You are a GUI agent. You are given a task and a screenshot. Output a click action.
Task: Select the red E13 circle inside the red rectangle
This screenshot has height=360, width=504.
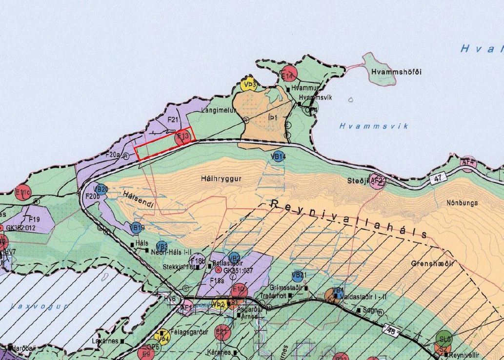tap(183, 138)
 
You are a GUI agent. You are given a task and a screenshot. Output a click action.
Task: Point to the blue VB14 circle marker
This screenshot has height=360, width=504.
tap(278, 157)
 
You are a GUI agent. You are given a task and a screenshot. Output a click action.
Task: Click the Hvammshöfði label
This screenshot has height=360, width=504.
tap(396, 72)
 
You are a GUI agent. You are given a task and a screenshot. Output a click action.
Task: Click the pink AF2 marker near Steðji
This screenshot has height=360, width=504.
tap(376, 181)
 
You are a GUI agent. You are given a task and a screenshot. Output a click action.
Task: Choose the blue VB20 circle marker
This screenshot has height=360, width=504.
tap(101, 189)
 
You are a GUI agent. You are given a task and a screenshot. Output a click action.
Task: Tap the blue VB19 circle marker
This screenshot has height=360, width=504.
tap(137, 227)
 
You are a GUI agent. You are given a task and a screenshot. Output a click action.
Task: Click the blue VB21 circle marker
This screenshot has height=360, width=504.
tap(299, 276)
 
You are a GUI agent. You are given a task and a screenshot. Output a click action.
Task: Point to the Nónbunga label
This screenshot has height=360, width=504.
tap(462, 202)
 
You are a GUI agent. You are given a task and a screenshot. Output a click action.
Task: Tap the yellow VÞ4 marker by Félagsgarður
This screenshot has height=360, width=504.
tap(162, 337)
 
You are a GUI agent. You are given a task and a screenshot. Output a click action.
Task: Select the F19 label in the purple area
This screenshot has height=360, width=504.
tap(34, 220)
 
